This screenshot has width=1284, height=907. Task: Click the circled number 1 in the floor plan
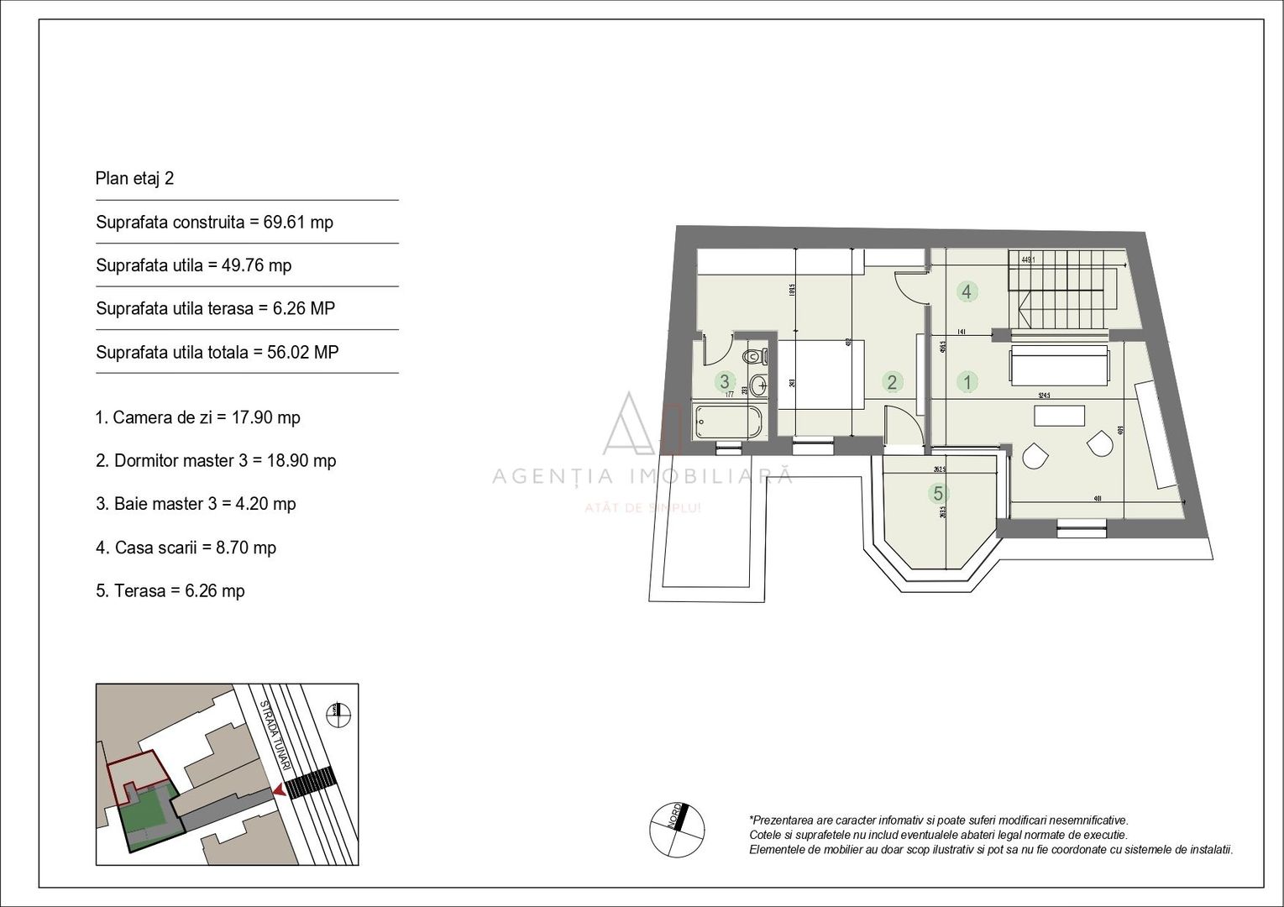coord(967,382)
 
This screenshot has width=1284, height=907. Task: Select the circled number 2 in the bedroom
coord(892,382)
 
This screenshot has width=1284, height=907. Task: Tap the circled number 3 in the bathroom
coord(724,382)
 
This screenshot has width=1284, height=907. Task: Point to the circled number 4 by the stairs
coord(967,291)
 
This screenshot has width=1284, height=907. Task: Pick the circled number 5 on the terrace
coord(938,493)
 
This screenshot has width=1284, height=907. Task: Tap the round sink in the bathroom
coord(758,386)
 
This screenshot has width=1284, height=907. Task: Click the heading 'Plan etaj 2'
coord(134,179)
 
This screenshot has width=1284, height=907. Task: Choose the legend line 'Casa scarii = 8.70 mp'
coord(186,548)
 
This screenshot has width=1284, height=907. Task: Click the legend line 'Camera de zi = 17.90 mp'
coord(197,417)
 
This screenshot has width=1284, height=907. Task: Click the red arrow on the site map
coord(277,791)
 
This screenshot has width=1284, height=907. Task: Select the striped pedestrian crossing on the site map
coord(309,781)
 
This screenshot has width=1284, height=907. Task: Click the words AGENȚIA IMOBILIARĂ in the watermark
coord(642,476)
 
